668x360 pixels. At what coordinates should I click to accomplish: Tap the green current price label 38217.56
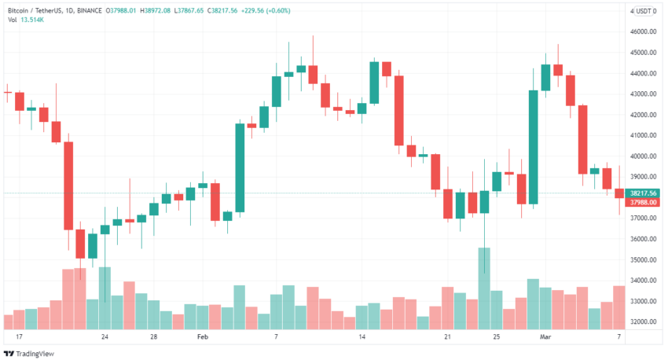tap(643, 193)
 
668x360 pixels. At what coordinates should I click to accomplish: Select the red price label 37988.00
tap(643, 202)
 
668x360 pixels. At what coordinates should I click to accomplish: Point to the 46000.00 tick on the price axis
tap(643, 32)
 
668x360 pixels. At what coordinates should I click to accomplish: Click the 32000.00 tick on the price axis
tap(643, 322)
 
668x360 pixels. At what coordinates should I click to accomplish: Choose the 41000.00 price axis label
tap(643, 136)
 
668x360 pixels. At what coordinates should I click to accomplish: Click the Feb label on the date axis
tap(203, 336)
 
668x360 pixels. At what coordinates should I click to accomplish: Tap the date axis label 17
tap(8, 336)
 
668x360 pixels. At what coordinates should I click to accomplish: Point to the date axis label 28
tap(154, 336)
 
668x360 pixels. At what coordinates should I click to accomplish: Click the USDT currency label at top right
tap(646, 10)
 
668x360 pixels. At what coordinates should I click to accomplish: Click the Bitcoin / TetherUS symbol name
tap(36, 9)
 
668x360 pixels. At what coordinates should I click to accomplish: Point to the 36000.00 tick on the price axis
tap(643, 240)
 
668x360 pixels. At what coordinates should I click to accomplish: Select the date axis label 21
tap(447, 336)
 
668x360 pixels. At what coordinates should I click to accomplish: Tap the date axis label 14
tap(362, 336)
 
